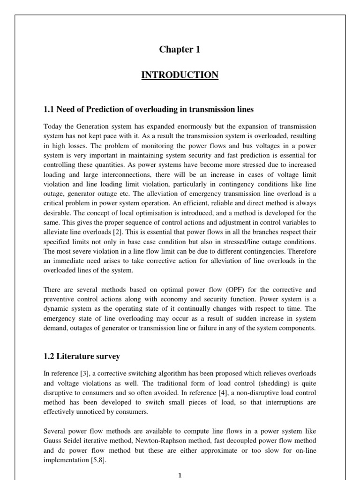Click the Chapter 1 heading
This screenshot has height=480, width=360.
(180, 50)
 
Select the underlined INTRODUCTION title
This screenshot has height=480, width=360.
(180, 75)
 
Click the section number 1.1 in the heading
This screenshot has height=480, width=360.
(49, 109)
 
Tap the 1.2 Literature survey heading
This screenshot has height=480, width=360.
(82, 357)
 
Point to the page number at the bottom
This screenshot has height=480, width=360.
(180, 475)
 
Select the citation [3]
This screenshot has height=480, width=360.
(85, 373)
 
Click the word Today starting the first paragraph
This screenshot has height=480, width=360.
(53, 127)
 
